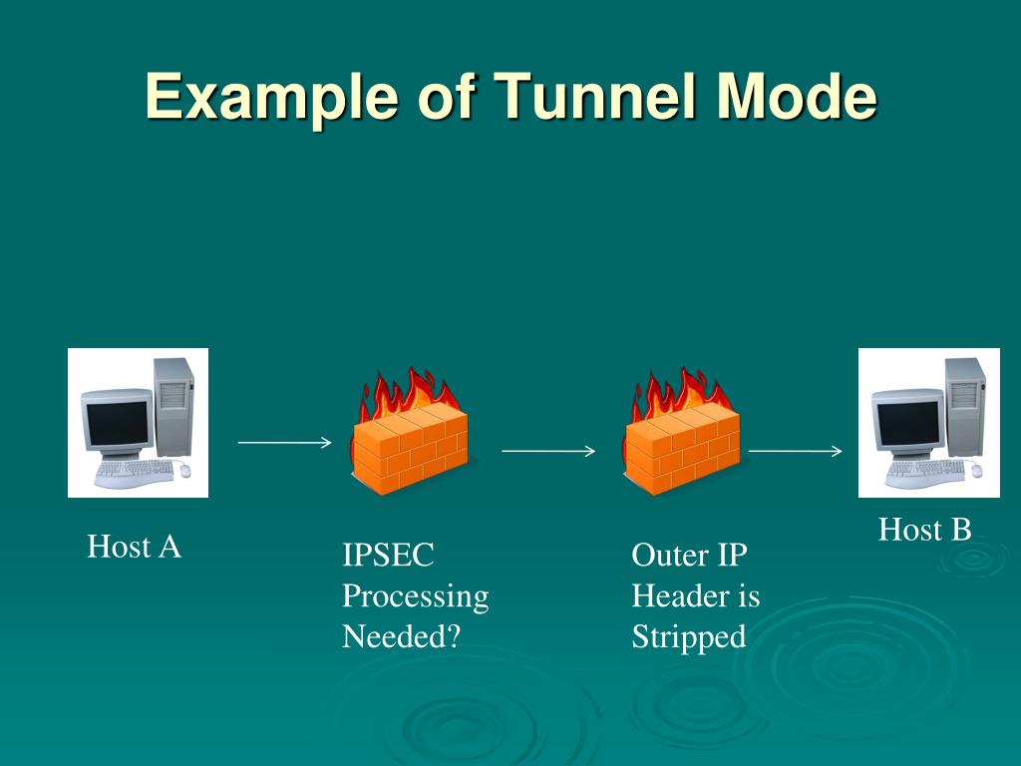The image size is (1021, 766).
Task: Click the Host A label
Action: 134,547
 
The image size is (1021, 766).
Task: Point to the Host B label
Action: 924,530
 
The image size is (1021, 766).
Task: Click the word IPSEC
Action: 389,556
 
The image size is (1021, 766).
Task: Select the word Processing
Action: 415,596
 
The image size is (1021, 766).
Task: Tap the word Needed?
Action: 401,636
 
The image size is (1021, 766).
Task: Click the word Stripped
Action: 688,636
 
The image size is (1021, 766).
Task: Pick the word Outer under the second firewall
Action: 666,556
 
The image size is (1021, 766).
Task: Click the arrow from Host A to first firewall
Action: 284,442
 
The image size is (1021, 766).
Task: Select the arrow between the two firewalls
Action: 547,451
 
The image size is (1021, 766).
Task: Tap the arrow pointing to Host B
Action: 795,451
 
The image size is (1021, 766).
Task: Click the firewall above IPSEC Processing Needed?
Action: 409,434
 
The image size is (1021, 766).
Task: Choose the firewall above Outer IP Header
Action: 683,434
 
